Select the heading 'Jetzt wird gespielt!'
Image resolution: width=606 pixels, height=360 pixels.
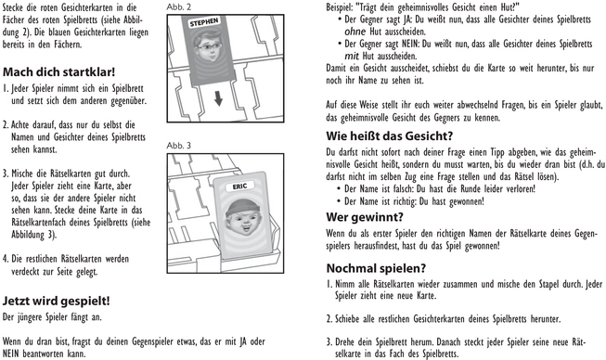pyautogui.click(x=58, y=301)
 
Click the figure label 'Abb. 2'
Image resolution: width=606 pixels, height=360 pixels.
pyautogui.click(x=179, y=7)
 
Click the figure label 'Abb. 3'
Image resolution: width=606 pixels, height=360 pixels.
pyautogui.click(x=179, y=147)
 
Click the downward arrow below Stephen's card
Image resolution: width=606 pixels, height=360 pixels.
pyautogui.click(x=215, y=100)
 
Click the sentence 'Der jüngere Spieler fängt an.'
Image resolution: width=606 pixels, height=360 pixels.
pyautogui.click(x=53, y=317)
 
